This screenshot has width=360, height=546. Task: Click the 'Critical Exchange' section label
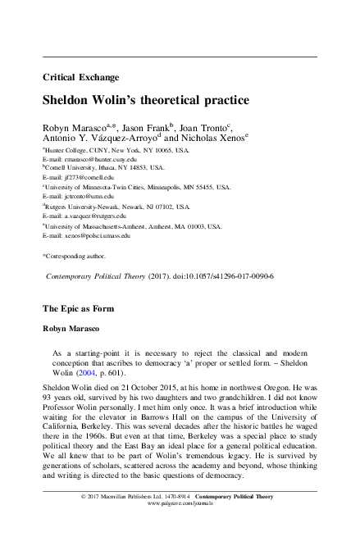coord(75,79)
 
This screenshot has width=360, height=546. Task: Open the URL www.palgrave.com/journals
coord(180,529)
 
